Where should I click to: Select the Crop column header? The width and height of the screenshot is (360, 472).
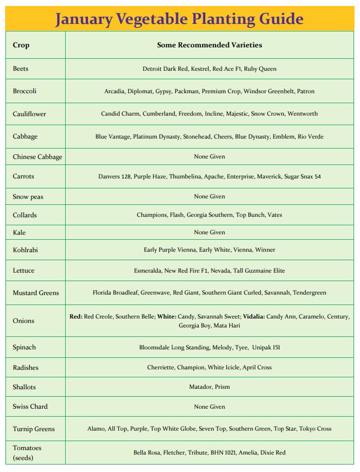(x=21, y=45)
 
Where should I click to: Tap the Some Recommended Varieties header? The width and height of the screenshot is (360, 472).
(x=209, y=45)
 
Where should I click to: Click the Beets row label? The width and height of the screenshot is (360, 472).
(x=20, y=69)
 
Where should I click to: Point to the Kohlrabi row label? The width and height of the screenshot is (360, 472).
(x=25, y=250)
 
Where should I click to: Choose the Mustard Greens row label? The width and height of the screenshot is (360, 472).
(x=36, y=293)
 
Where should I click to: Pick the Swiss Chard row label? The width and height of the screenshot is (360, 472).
(x=30, y=406)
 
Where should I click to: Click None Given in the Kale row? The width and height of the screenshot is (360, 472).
(x=209, y=232)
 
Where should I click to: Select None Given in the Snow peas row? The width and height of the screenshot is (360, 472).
(x=209, y=196)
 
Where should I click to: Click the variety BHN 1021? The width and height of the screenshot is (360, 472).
(x=220, y=453)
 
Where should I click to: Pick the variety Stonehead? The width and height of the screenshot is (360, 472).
(x=199, y=137)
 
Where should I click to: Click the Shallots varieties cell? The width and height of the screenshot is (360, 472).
(x=209, y=387)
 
